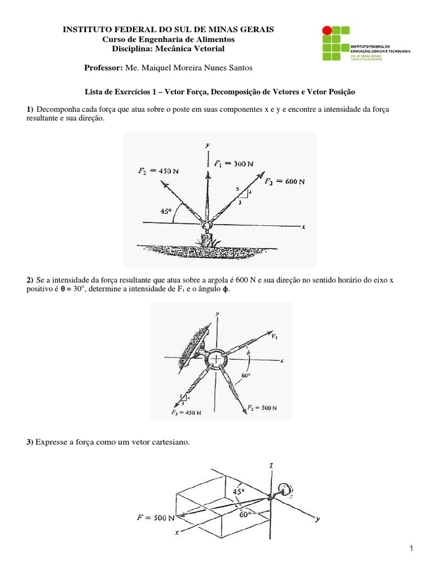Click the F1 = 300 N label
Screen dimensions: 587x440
(233, 164)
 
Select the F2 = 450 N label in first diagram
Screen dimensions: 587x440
(158, 171)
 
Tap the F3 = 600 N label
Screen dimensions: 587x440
(285, 181)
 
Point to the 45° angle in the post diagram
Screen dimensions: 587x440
(166, 212)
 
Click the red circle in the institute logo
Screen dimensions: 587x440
(327, 30)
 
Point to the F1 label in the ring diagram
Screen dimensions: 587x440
(276, 335)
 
